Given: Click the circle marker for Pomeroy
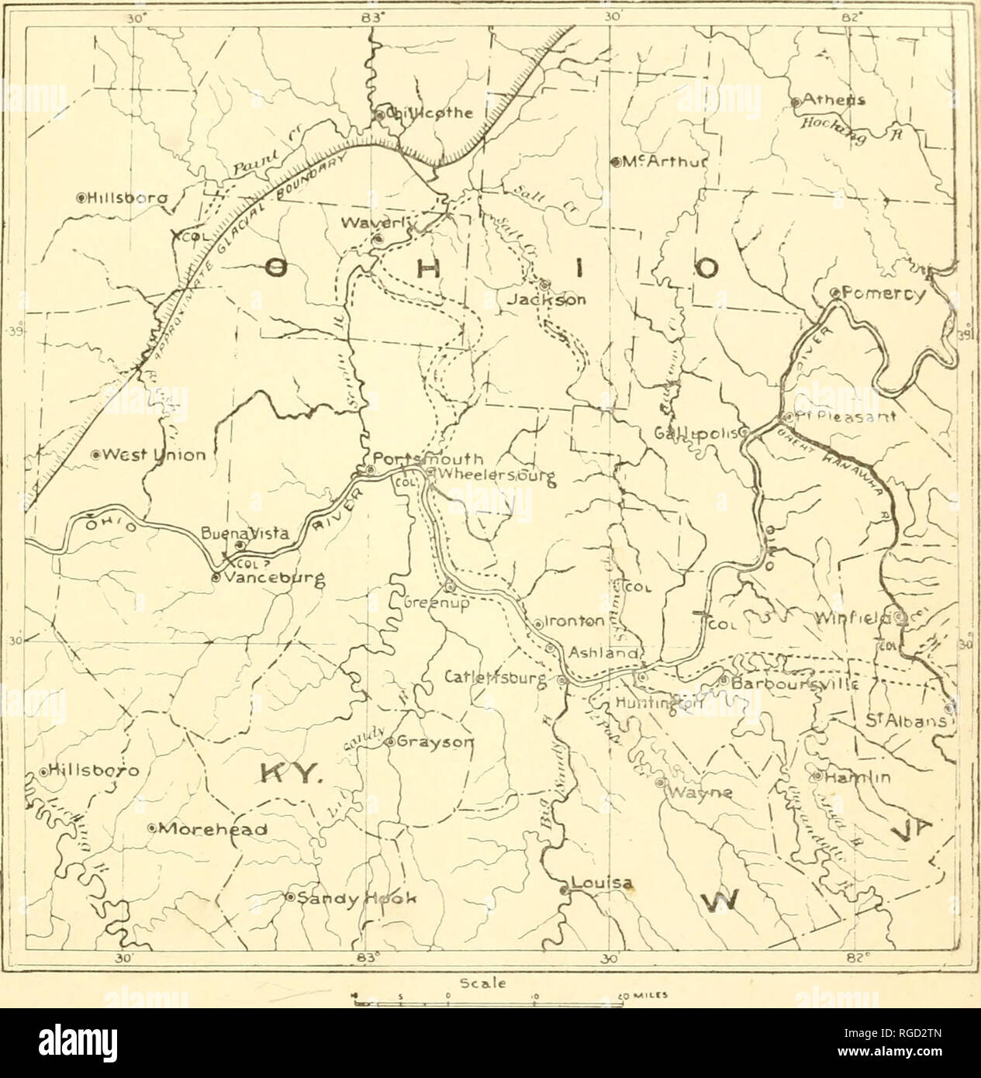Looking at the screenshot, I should [x=834, y=293].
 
